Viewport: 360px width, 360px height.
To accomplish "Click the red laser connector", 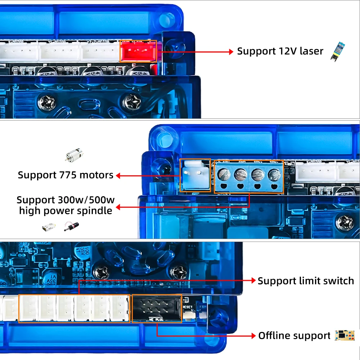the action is pos(138,51).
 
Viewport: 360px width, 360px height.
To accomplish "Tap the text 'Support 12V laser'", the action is pos(280,51).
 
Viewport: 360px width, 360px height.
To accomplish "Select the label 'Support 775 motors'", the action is pos(66,175).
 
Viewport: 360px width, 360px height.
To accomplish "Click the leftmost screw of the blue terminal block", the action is pos(223,175).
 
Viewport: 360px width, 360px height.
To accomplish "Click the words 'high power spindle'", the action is pos(66,211).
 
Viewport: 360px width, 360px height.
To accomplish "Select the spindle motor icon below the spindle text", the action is pos(71,227).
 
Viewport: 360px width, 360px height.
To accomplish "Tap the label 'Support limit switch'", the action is pos(306,281).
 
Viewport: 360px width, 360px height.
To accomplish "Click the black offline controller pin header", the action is pos(157,309).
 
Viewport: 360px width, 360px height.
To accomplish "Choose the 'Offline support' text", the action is pos(294,336).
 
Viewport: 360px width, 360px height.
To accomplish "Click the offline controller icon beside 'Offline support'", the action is pos(345,336).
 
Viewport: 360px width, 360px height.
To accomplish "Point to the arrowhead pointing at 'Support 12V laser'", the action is pos(231,52).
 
